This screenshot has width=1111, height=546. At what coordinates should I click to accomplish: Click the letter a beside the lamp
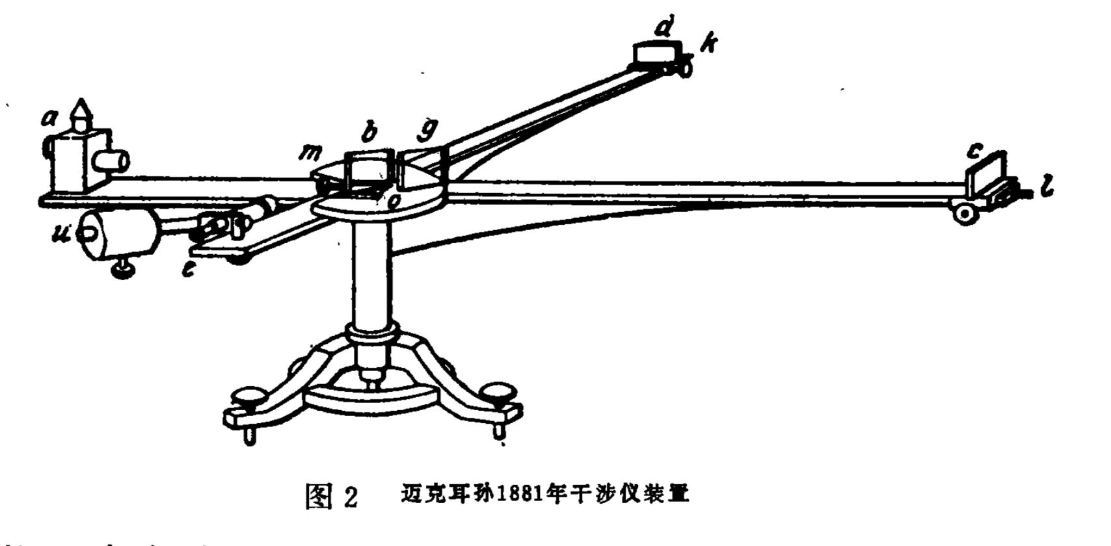[x=49, y=118]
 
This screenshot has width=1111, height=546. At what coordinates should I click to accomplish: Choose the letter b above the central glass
[x=369, y=132]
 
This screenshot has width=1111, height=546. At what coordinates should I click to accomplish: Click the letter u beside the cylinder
[x=63, y=233]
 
